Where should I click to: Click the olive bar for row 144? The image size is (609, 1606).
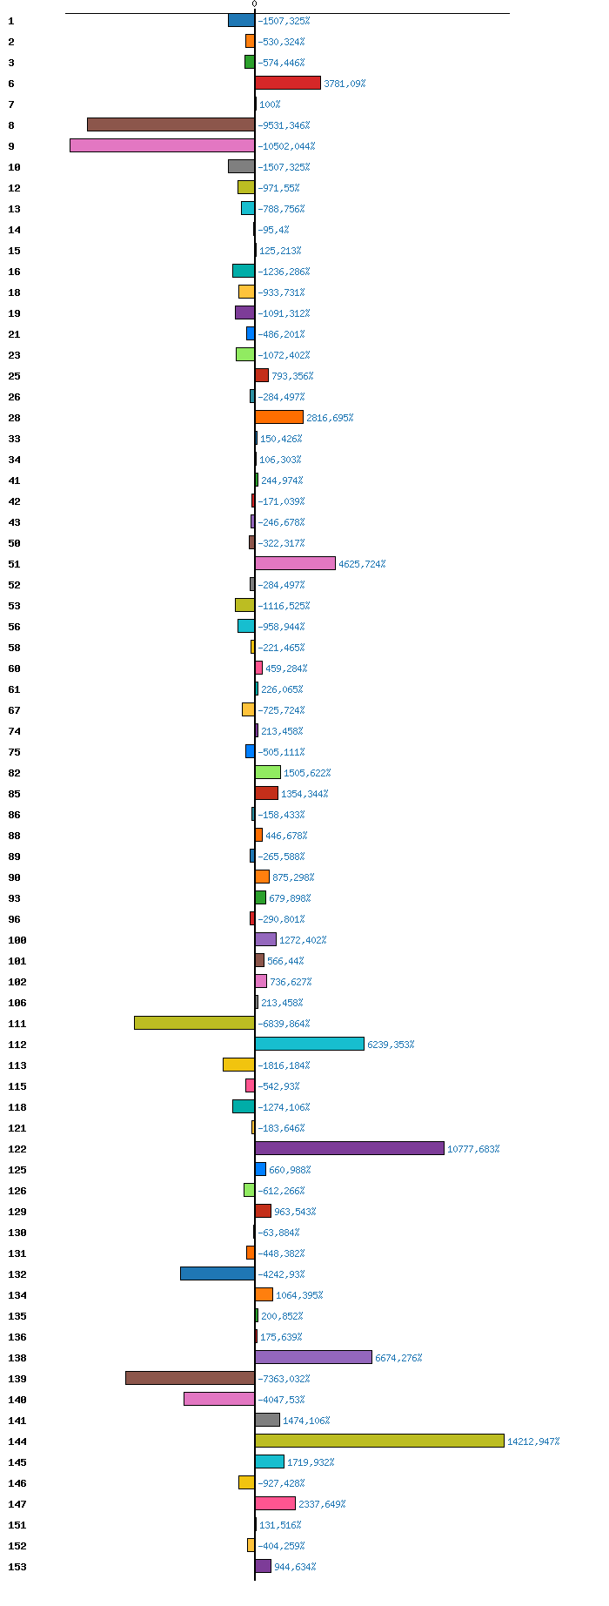379,1441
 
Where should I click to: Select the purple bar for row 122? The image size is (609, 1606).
349,1148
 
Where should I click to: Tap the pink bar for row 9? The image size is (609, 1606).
162,145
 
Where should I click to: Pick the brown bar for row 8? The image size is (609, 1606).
171,124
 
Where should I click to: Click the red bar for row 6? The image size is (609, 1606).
287,83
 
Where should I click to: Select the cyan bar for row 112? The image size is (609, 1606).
309,1044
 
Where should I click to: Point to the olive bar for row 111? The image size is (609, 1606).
194,1023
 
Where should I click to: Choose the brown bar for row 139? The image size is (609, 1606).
190,1378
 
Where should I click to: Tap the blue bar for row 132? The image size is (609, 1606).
217,1273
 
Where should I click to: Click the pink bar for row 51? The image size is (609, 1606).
295,563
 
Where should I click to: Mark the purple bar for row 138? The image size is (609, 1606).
313,1357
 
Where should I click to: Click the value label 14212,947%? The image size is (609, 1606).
533,1441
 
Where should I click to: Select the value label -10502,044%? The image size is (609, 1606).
286,146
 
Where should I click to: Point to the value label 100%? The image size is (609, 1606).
270,104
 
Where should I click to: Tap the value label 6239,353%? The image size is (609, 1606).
391,1045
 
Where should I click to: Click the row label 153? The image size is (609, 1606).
17,1567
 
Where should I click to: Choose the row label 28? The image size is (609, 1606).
14,418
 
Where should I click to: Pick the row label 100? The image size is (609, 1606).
17,940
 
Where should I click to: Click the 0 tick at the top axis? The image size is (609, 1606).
254,4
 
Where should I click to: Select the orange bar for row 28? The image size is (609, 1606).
278,417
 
